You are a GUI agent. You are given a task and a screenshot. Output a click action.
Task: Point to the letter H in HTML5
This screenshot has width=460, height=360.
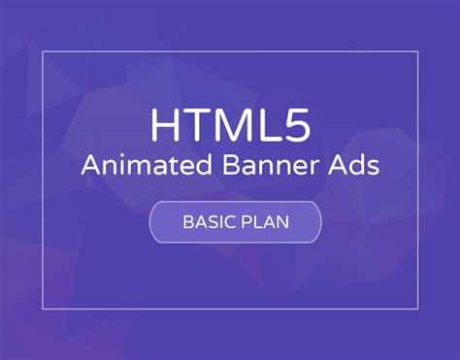click(166, 124)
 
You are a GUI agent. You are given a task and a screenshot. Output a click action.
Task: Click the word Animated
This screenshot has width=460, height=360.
click(140, 166)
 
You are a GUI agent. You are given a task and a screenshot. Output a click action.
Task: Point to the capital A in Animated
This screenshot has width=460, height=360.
click(90, 166)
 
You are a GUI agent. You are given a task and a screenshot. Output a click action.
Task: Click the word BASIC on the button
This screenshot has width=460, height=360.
click(206, 221)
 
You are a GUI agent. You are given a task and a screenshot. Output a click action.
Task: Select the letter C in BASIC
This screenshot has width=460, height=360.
click(226, 221)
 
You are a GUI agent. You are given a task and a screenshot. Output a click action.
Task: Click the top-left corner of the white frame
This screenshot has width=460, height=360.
click(43, 52)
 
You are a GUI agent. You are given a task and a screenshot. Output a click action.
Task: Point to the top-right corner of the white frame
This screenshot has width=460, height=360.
click(418, 52)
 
